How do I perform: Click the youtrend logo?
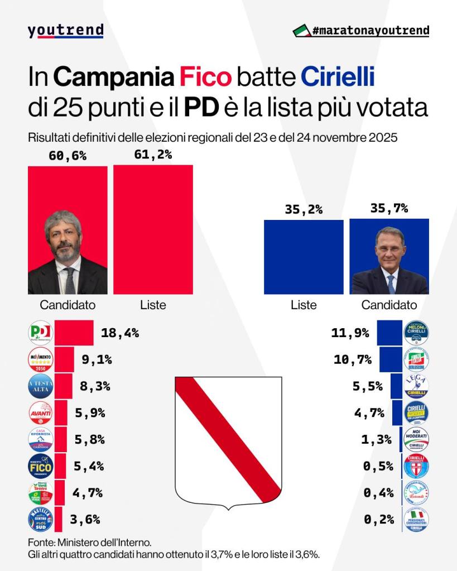click(65, 30)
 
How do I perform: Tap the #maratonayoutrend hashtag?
click(362, 30)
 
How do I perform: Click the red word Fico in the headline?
click(205, 77)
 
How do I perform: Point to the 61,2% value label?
click(153, 155)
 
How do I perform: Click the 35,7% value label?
click(389, 209)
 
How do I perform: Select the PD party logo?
click(41, 333)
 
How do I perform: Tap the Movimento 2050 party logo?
click(41, 359)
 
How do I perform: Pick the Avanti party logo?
click(41, 413)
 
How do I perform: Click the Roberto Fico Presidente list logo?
click(41, 466)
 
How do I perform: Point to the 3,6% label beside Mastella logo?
click(85, 520)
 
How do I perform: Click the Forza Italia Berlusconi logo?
click(416, 359)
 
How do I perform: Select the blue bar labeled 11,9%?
click(389, 333)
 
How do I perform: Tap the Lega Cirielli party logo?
click(416, 386)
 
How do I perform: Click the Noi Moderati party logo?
click(416, 440)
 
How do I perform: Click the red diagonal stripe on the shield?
click(228, 433)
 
